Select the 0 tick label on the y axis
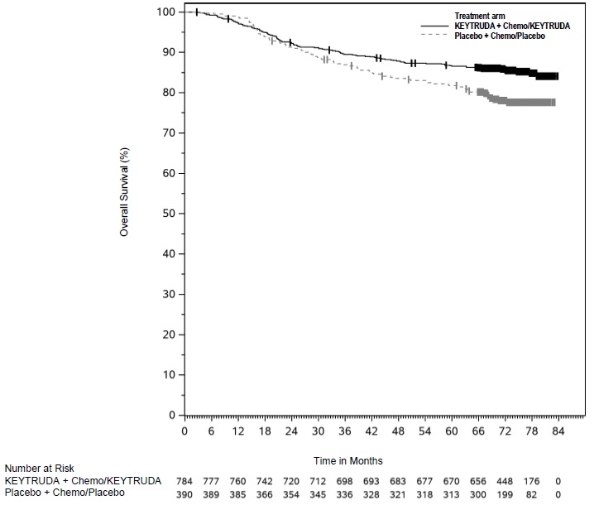(170, 415)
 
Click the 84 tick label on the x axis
(558, 431)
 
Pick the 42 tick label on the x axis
(371, 431)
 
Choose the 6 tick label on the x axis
(211, 431)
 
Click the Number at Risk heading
(39, 469)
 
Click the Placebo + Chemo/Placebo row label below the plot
(65, 493)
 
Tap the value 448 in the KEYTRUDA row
(505, 481)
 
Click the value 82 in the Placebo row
(531, 493)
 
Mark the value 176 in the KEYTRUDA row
(531, 481)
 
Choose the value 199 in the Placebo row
(505, 493)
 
